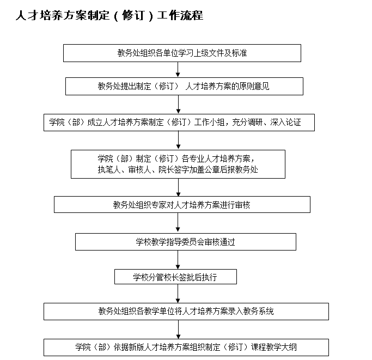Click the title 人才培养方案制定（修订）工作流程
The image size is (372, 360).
tap(109, 16)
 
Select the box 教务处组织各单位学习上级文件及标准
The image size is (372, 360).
tap(182, 53)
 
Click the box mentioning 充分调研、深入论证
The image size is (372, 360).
tap(179, 123)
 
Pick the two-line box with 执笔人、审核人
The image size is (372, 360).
tap(178, 164)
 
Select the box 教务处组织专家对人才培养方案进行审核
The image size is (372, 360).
tap(182, 205)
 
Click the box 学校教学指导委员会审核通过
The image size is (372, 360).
tap(185, 241)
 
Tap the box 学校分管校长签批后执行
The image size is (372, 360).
tap(175, 277)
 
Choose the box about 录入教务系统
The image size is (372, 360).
tap(186, 312)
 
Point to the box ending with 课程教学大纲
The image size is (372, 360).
tap(186, 347)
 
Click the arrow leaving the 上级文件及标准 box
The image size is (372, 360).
tap(178, 70)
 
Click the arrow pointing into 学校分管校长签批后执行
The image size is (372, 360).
tap(178, 260)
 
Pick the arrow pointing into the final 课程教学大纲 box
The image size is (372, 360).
tap(178, 330)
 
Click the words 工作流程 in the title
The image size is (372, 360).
tap(180, 16)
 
